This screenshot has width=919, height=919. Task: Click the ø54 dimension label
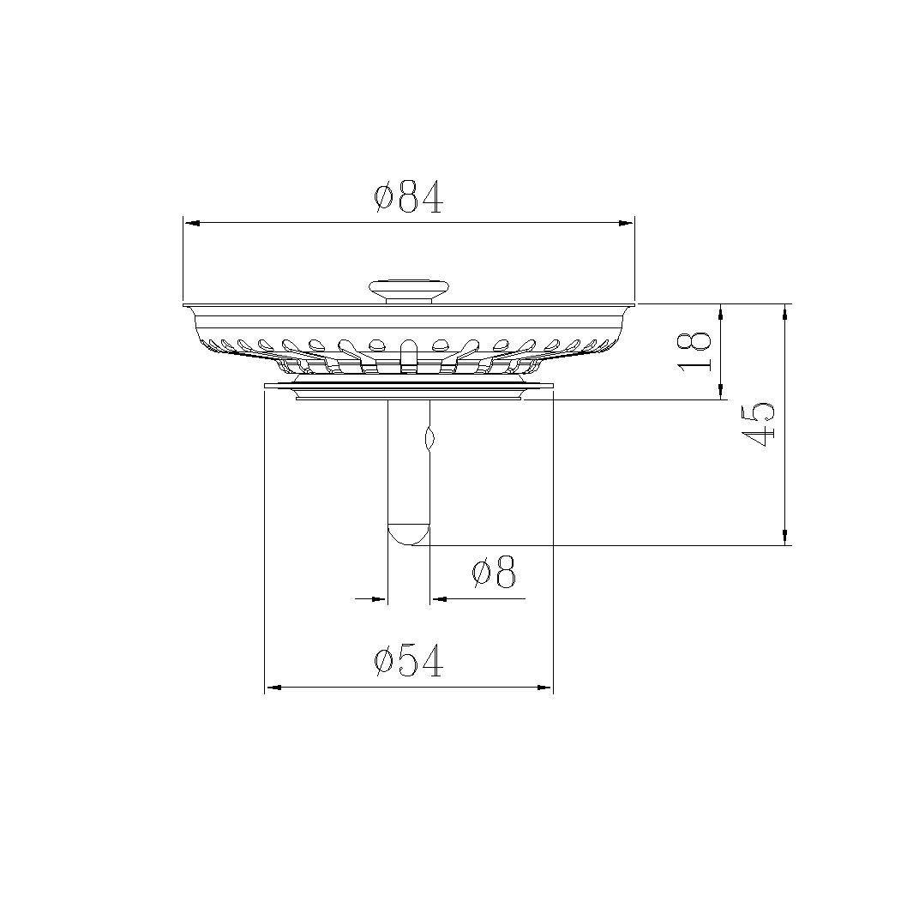(x=408, y=662)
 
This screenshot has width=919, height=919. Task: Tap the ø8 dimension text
(x=494, y=573)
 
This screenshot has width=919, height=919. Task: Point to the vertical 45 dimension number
(x=760, y=423)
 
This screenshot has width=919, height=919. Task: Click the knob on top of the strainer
(x=408, y=288)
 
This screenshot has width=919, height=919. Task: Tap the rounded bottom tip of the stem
(x=408, y=535)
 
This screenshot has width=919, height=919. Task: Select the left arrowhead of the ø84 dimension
(x=192, y=223)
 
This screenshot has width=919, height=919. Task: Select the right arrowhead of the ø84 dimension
(x=626, y=223)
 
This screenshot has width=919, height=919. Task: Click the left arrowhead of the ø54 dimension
(x=273, y=687)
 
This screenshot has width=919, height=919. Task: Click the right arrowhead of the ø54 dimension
(x=544, y=687)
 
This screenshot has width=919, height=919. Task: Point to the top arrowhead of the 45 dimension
(x=785, y=310)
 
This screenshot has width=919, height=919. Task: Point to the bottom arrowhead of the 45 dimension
(x=785, y=538)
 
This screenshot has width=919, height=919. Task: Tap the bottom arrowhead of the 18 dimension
(x=721, y=393)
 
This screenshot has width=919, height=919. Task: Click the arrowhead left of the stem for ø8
(x=380, y=598)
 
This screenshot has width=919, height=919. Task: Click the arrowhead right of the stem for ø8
(x=438, y=598)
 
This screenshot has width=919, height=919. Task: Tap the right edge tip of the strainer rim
(x=634, y=303)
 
